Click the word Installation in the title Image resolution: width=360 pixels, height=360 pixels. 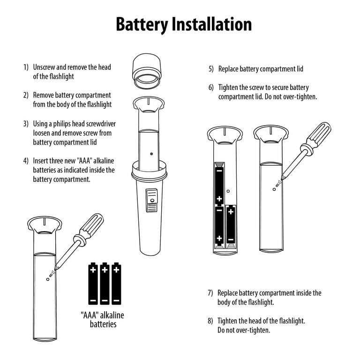pyautogui.click(x=211, y=24)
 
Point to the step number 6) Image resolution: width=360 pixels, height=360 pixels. pyautogui.click(x=211, y=88)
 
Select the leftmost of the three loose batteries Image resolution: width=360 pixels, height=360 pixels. pyautogui.click(x=93, y=283)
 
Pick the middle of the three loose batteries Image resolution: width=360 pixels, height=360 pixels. pyautogui.click(x=105, y=283)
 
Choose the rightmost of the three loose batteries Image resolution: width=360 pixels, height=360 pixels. pyautogui.click(x=116, y=283)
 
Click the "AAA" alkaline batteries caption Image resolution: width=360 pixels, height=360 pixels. pyautogui.click(x=103, y=319)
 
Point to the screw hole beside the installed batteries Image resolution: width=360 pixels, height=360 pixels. pyautogui.click(x=228, y=191)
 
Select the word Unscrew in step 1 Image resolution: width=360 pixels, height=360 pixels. pyautogui.click(x=45, y=67)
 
